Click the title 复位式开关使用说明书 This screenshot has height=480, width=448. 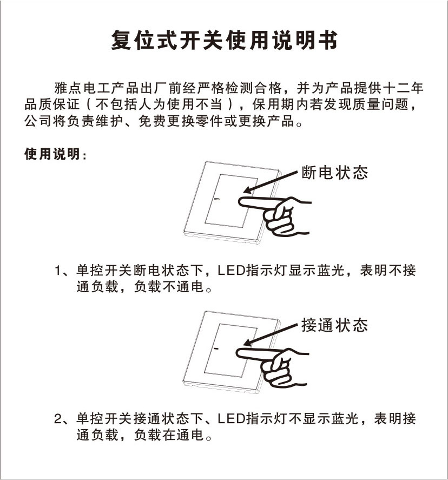point(225,40)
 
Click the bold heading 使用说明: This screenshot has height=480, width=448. point(55,154)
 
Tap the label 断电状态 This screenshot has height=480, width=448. point(334,172)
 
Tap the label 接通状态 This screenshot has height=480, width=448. point(334,325)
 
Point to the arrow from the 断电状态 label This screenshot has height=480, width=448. point(271,182)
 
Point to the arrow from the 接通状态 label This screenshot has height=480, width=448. point(271,334)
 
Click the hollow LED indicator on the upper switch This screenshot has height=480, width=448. point(217,199)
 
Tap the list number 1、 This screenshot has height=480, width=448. point(63,271)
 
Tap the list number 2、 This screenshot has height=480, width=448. point(63,419)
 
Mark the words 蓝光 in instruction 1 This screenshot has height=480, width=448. point(331,271)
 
